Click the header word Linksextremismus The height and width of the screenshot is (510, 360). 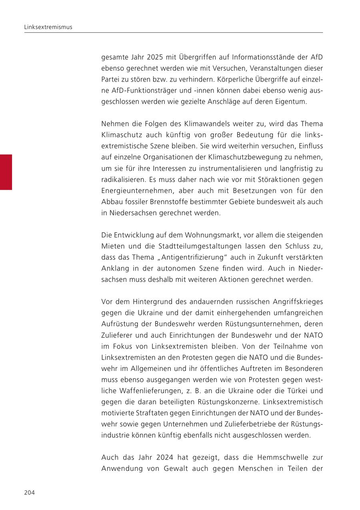pos(48,27)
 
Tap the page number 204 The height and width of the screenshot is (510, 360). pos(30,492)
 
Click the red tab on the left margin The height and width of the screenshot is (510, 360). pos(6,172)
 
